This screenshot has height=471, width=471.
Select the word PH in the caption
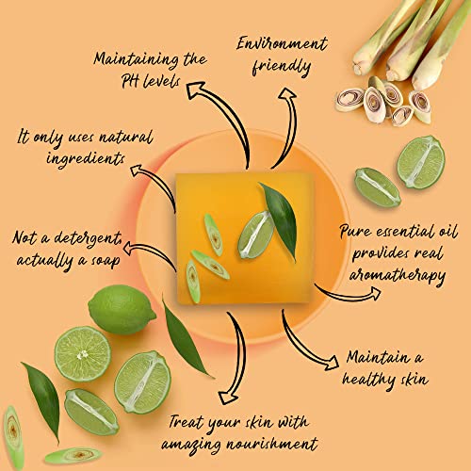(131, 80)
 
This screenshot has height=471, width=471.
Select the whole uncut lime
(122, 310)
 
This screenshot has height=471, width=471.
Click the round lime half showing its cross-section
(81, 353)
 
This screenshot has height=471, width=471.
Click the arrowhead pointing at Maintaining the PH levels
(197, 90)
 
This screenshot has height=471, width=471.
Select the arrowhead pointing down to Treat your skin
(223, 397)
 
